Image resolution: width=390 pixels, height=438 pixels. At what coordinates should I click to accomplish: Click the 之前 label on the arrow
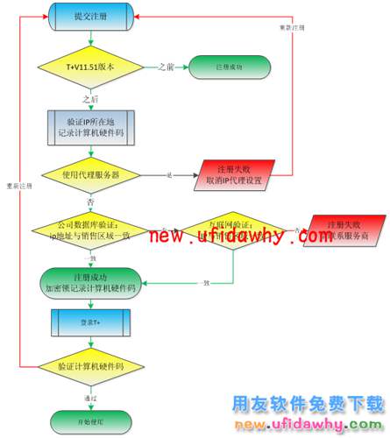[x=167, y=67]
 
